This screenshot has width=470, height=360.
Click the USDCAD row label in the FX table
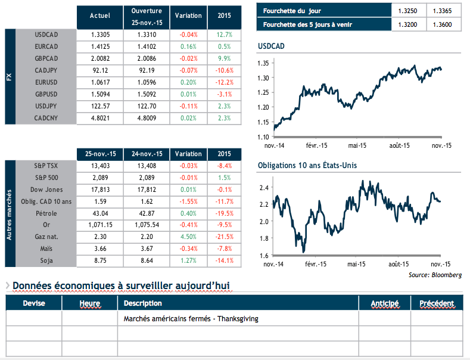[46, 35]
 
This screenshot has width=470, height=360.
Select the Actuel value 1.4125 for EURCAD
[99, 46]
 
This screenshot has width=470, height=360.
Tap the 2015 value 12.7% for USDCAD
[224, 35]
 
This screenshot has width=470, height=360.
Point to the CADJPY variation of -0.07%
[189, 70]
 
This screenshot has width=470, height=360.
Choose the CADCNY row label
[46, 118]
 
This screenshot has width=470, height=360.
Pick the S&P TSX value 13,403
[99, 166]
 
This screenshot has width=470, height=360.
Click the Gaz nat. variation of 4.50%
[189, 237]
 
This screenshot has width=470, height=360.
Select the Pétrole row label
[46, 213]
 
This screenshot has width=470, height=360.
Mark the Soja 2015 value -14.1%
[224, 261]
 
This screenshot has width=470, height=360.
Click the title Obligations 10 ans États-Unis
[307, 165]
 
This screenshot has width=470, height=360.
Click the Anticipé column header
[384, 303]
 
